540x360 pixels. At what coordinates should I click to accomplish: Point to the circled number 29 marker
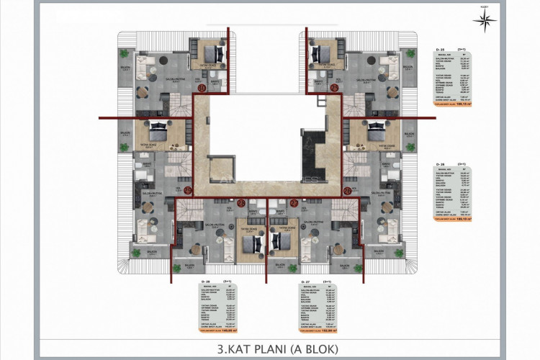[x=187, y=190]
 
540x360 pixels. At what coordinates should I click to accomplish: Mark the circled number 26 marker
[x=348, y=190]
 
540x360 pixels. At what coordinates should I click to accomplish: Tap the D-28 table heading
[x=205, y=281]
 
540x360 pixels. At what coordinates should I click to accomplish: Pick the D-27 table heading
[x=305, y=281]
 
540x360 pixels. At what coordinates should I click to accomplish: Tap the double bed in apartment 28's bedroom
[x=250, y=243]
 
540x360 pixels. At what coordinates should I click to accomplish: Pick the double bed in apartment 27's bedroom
[x=278, y=243]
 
